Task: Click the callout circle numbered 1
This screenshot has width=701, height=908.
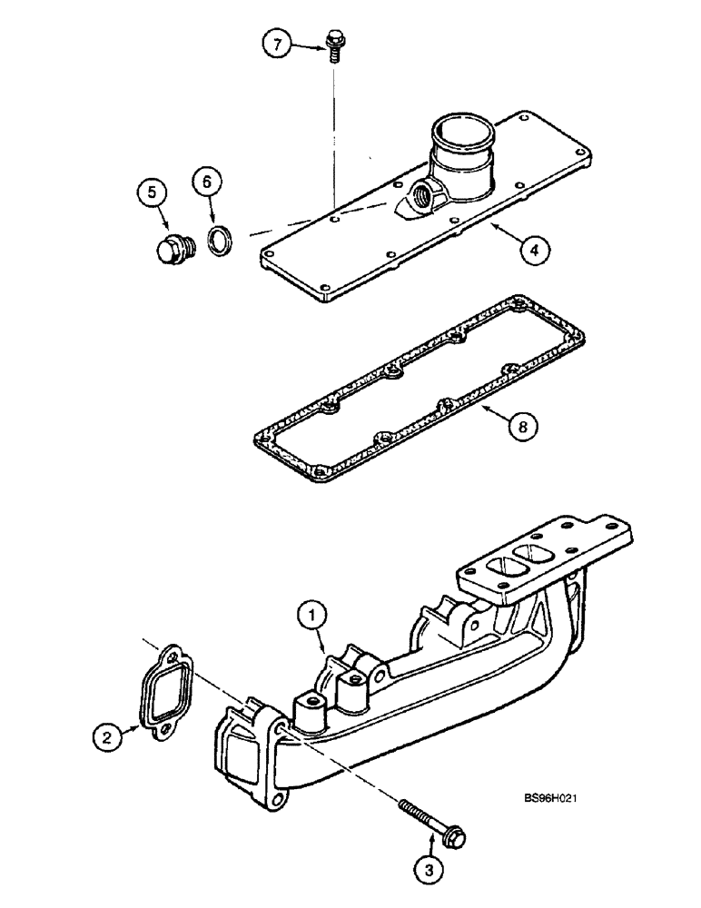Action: [312, 618]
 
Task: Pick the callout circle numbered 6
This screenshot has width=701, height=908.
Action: [205, 183]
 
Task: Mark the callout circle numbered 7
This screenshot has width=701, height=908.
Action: [278, 44]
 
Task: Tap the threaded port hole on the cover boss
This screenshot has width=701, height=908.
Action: [424, 194]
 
